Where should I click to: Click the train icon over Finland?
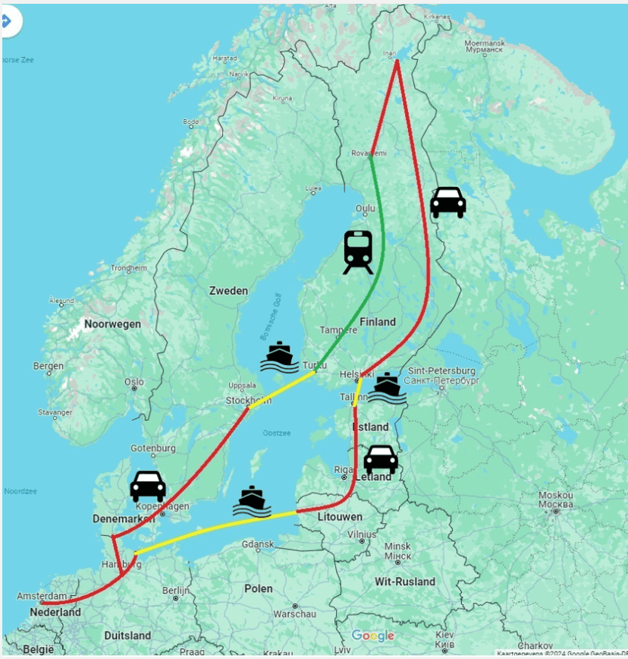358,252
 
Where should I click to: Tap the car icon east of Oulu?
447,203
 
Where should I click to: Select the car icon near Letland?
381,459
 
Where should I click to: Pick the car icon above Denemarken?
148,487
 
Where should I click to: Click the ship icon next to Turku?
279,357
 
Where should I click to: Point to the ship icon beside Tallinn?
387,388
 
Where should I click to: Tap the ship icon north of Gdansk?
252,502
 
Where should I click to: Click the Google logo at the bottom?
372,635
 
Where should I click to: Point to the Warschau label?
294,613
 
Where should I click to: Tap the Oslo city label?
134,382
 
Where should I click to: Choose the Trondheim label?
129,268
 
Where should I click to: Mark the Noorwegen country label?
112,323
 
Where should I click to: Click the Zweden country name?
228,291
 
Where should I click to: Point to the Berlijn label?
175,590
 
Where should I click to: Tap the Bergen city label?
49,366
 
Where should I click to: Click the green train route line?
378,258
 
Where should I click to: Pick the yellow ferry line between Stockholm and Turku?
282,389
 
